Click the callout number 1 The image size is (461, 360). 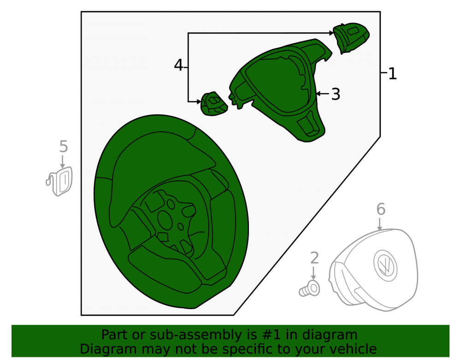(x=392, y=73)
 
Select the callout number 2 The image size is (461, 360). (x=314, y=258)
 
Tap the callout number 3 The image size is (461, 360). (x=336, y=94)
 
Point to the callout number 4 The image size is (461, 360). (x=178, y=65)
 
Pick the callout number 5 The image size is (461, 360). (x=64, y=146)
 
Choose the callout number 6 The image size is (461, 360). (x=381, y=209)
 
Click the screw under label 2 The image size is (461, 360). (x=309, y=289)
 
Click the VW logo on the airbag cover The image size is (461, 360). (x=385, y=266)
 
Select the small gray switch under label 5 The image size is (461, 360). (x=59, y=181)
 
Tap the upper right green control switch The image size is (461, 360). (x=351, y=38)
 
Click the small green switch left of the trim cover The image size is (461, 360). (x=214, y=104)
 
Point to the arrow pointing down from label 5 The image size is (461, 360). (x=62, y=162)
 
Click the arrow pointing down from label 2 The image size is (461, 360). (x=313, y=273)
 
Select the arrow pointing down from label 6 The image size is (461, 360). (x=379, y=224)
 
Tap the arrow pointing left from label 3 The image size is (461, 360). (x=323, y=94)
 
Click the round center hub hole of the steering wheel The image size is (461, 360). (x=167, y=220)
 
